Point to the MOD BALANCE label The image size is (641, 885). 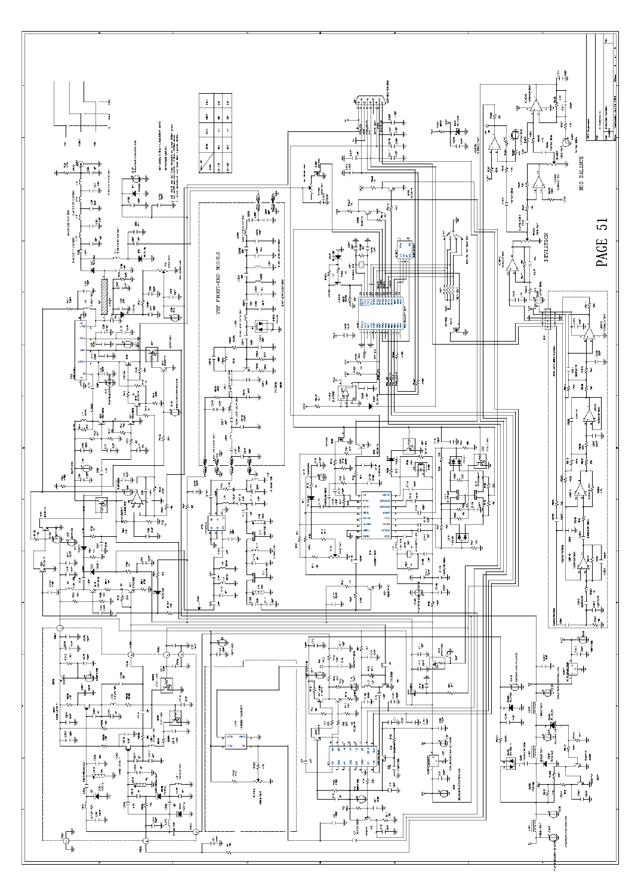[x=580, y=170]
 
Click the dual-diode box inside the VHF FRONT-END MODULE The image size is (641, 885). [x=261, y=327]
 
